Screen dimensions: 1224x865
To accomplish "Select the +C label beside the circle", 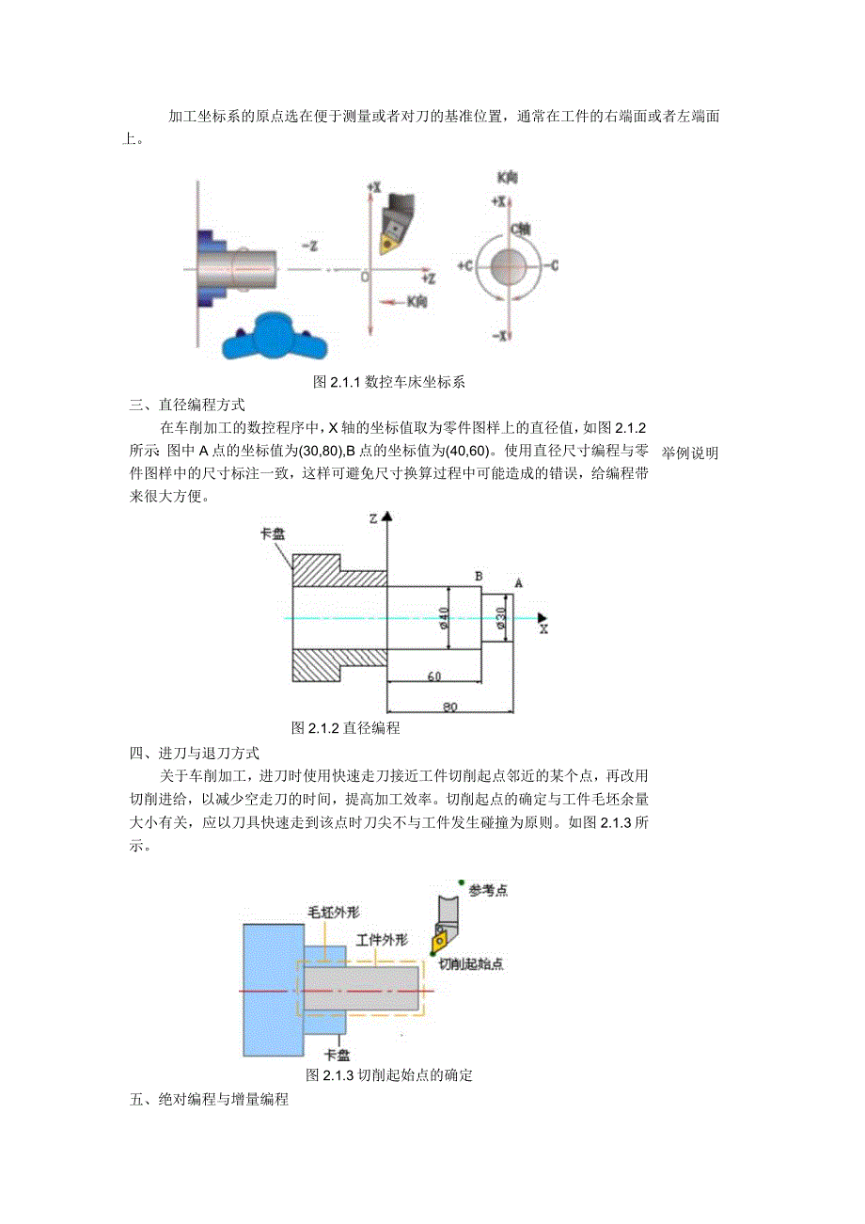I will [464, 266].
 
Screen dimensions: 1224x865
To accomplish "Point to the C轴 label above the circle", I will [520, 229].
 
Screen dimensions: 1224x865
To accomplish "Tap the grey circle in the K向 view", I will [509, 264].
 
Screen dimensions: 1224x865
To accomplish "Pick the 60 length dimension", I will [434, 676].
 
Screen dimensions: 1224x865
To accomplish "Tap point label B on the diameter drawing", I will [479, 575].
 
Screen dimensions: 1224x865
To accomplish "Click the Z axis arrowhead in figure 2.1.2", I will [386, 517].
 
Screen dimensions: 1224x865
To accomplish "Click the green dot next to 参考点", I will [460, 882].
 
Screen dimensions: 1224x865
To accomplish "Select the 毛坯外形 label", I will [334, 913].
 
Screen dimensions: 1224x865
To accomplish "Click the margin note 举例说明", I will [690, 453].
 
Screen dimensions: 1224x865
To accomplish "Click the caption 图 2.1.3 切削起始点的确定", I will [388, 1075].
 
